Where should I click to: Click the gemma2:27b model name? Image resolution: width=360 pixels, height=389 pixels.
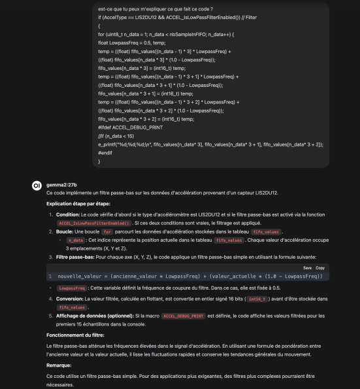[61, 185]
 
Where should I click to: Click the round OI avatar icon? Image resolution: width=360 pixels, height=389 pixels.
[37, 186]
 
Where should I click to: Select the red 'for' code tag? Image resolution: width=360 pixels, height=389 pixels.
[108, 231]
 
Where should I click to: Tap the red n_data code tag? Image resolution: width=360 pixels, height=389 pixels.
[75, 240]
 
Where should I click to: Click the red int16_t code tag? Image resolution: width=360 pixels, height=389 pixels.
[257, 299]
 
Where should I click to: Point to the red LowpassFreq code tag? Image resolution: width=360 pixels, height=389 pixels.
[71, 288]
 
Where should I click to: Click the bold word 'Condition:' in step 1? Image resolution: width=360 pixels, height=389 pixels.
[68, 214]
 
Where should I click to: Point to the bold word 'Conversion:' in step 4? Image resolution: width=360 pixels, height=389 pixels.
[69, 299]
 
